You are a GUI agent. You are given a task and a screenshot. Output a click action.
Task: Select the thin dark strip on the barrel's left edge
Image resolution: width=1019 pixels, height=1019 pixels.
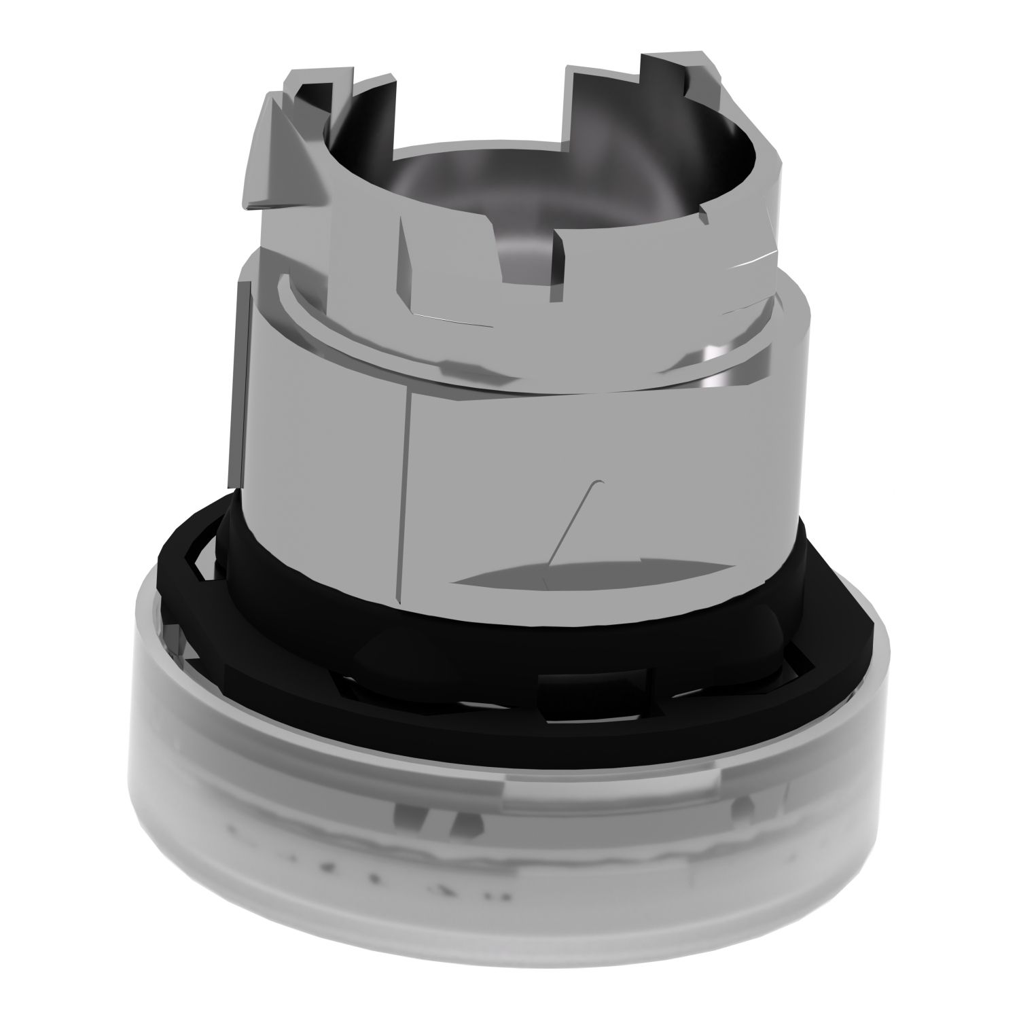click(238, 380)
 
